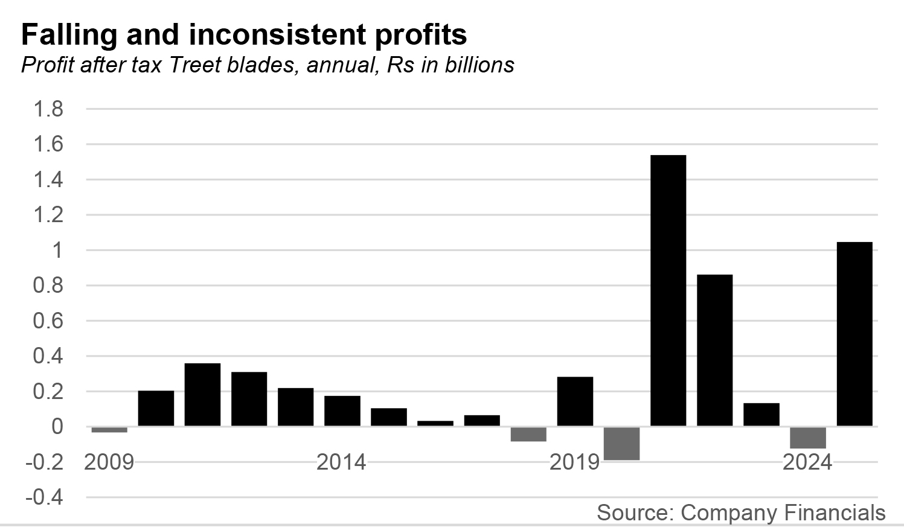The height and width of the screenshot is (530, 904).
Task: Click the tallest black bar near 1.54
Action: [x=668, y=290]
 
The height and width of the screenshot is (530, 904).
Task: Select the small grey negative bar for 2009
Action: [x=109, y=430]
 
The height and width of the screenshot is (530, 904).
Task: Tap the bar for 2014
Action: [x=342, y=411]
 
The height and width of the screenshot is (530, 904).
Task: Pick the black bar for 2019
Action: [x=575, y=401]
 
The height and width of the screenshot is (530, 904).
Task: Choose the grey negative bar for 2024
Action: [x=807, y=438]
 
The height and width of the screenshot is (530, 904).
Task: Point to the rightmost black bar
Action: [x=854, y=334]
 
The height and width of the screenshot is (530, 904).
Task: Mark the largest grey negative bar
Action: [x=621, y=444]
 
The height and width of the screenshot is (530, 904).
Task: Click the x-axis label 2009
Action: [x=109, y=462]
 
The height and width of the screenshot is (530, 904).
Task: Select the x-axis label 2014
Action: [x=341, y=462]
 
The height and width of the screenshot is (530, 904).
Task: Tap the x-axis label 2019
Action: [x=574, y=462]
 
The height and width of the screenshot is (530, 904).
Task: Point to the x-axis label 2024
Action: [x=807, y=462]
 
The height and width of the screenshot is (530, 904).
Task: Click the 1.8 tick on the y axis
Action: [x=48, y=109]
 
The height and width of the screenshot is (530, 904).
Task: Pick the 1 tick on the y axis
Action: [x=57, y=251]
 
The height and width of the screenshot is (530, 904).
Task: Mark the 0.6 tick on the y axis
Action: [x=48, y=321]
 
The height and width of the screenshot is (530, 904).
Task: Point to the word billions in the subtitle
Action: [x=479, y=65]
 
